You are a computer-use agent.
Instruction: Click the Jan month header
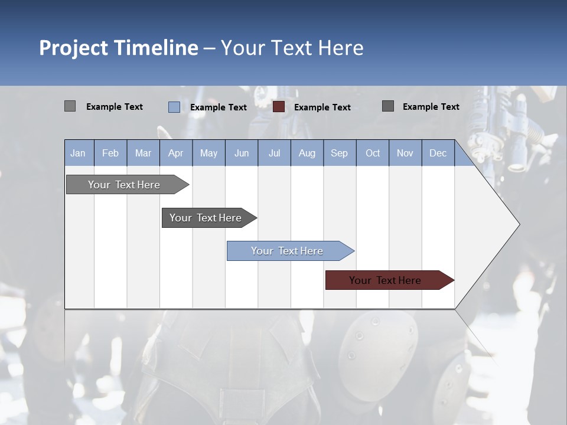[78, 153]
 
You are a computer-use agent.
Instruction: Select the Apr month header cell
[175, 153]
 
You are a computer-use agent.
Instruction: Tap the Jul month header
[274, 153]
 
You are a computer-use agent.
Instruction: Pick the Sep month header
[339, 153]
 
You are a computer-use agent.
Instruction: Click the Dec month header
[438, 153]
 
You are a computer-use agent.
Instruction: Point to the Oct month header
[373, 153]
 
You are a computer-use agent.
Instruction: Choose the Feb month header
[110, 153]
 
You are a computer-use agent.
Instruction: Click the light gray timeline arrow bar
[124, 185]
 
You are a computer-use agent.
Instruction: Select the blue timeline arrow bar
[287, 251]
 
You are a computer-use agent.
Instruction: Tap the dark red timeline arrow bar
[385, 280]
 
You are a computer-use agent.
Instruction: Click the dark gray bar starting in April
[206, 218]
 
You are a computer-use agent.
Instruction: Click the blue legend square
[174, 107]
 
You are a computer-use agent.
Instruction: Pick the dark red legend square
[279, 107]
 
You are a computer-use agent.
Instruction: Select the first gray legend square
[70, 106]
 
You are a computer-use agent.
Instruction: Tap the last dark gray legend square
[388, 106]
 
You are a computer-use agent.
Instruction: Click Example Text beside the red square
[322, 107]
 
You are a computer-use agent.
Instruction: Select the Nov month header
[405, 153]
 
